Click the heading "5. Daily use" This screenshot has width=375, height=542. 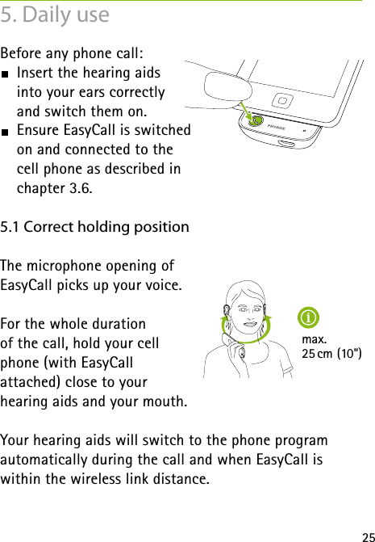tap(56, 15)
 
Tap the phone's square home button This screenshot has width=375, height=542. tap(282, 101)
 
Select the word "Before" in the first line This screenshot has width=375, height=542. tap(23, 54)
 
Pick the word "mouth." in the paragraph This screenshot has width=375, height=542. tap(168, 401)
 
